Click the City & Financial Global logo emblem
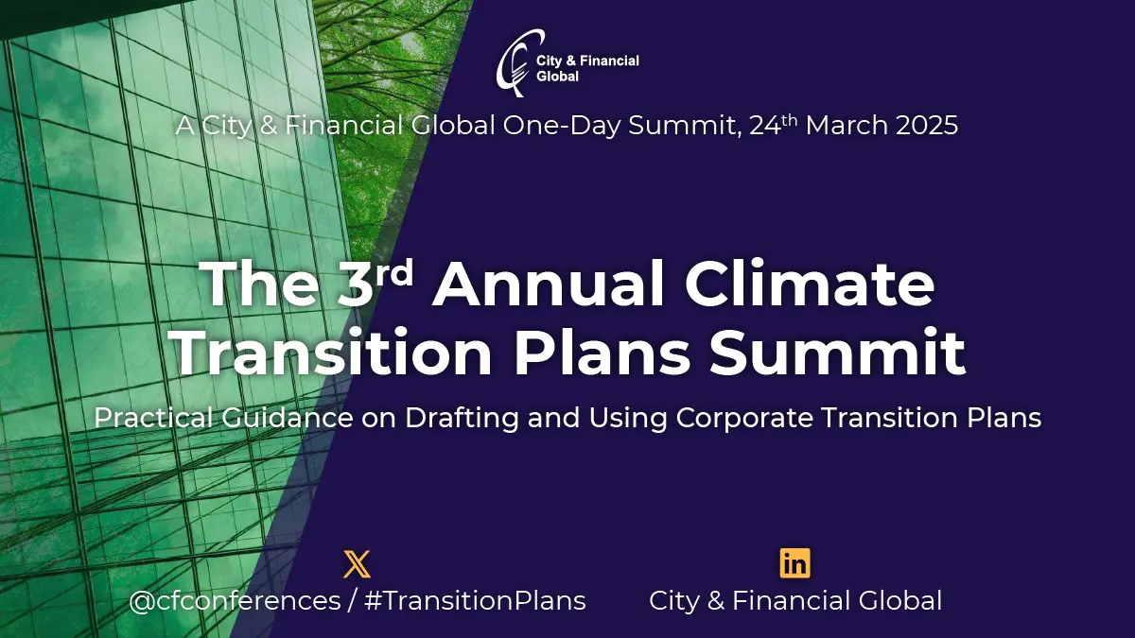tap(515, 62)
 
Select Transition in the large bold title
tap(330, 353)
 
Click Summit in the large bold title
tap(836, 353)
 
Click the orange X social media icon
tap(357, 564)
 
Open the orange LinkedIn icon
tap(794, 564)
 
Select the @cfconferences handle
tap(235, 600)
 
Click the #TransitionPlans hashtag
tap(476, 600)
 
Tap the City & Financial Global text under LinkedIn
tap(794, 600)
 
